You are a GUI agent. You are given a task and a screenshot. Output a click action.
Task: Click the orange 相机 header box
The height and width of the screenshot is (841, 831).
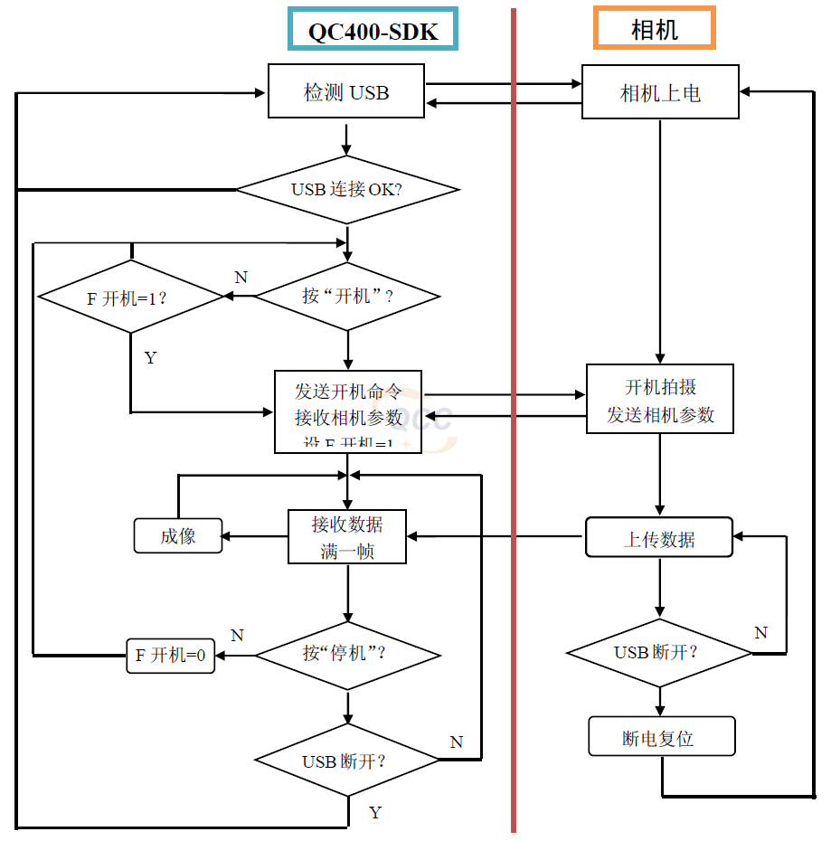(654, 28)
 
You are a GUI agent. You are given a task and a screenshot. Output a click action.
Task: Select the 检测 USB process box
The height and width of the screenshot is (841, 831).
(346, 91)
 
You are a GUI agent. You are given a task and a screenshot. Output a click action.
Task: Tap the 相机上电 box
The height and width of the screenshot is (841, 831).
(660, 91)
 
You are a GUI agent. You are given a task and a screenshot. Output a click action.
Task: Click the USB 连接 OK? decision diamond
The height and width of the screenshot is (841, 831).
(347, 190)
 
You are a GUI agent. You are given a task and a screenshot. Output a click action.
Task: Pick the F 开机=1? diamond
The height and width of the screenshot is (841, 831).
(130, 297)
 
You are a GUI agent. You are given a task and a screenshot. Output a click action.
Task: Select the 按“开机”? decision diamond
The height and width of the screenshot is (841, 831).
(347, 297)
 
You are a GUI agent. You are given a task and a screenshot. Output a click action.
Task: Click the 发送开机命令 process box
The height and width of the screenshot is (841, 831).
(348, 411)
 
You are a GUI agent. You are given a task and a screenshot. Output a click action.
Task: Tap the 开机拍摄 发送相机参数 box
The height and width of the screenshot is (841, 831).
(660, 399)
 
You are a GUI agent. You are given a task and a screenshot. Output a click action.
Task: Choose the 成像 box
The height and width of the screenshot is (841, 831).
(178, 535)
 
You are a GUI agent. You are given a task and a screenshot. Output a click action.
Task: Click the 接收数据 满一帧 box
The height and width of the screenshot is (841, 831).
(347, 536)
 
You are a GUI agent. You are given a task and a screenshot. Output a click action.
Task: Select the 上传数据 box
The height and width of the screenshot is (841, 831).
(659, 538)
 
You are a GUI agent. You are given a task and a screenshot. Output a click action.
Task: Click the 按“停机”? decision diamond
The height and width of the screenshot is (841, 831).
(347, 655)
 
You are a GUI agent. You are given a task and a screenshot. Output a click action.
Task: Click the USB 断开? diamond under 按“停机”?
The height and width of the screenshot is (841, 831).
(347, 761)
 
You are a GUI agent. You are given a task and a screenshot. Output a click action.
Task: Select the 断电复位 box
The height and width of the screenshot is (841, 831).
(661, 737)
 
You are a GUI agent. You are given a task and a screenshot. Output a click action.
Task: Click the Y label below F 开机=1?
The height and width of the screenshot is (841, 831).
(150, 358)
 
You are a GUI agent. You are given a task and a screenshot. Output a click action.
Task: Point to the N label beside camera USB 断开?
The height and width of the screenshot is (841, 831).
(760, 632)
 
